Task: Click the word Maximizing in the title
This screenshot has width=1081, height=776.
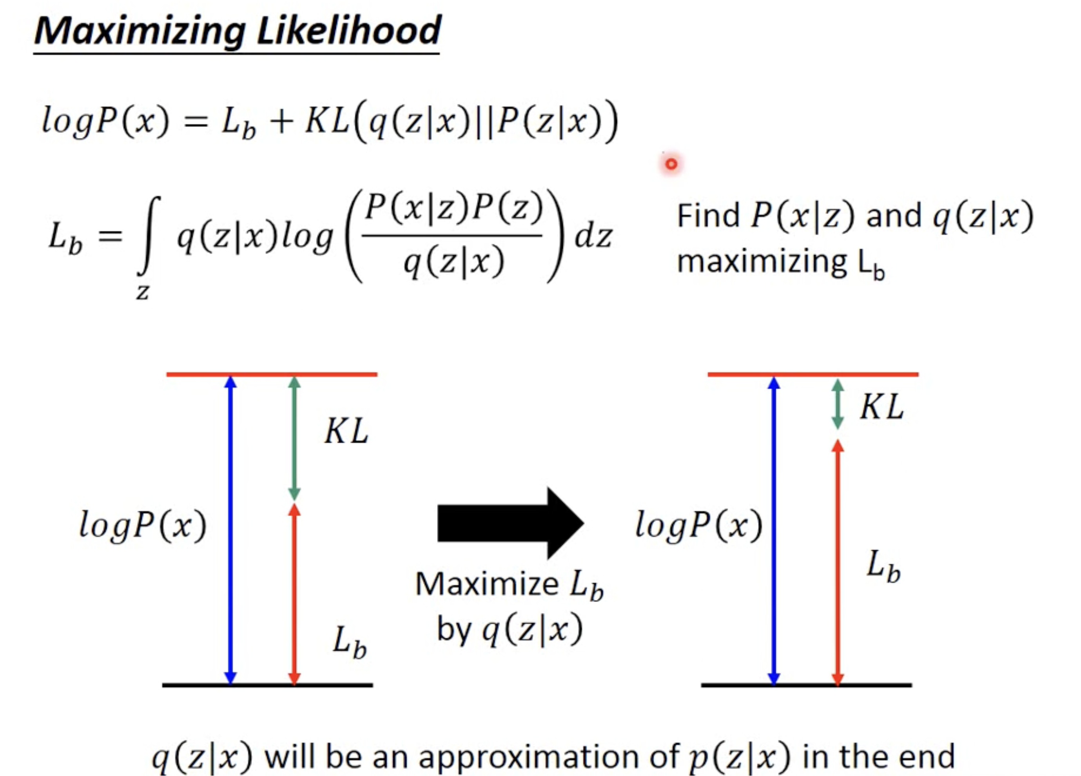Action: click(x=140, y=31)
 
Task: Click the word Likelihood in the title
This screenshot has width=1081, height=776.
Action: click(x=349, y=31)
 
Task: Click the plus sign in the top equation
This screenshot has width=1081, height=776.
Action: click(x=281, y=121)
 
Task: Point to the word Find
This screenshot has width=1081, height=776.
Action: click(x=708, y=216)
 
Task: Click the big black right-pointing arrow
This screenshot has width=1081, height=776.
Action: click(x=510, y=523)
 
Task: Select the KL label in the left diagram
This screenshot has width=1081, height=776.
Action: click(x=346, y=432)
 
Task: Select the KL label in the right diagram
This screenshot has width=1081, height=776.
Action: click(x=882, y=407)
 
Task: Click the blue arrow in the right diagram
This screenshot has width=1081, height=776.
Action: click(x=774, y=530)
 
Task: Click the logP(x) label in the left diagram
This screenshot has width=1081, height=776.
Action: click(x=143, y=525)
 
